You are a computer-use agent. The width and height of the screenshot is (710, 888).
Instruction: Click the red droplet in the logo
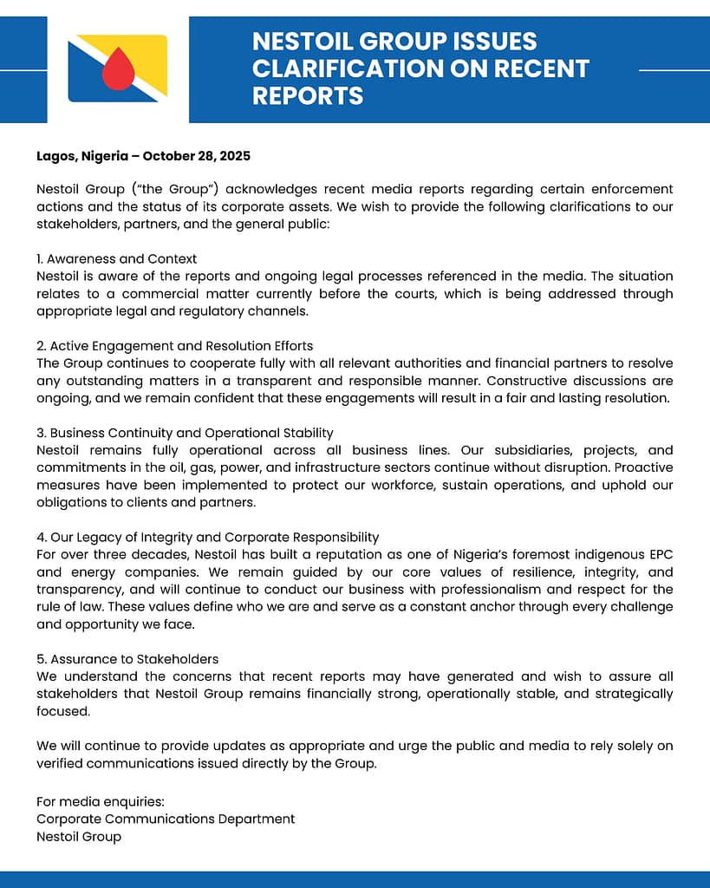pos(116,70)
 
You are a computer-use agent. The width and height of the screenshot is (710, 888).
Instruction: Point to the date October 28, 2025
pos(197,156)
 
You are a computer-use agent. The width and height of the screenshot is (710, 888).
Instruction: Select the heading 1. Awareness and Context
pos(116,258)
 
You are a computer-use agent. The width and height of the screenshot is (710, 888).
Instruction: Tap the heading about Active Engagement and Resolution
pos(174,346)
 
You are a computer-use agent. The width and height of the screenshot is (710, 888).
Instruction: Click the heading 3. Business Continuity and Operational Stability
pos(185,433)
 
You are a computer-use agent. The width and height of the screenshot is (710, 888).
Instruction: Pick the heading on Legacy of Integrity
pos(207,538)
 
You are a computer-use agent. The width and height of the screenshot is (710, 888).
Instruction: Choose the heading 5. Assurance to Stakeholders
pos(127,659)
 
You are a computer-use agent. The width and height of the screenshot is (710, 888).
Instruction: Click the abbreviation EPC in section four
pos(660,555)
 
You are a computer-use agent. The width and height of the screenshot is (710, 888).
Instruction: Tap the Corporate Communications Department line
pos(166,819)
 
